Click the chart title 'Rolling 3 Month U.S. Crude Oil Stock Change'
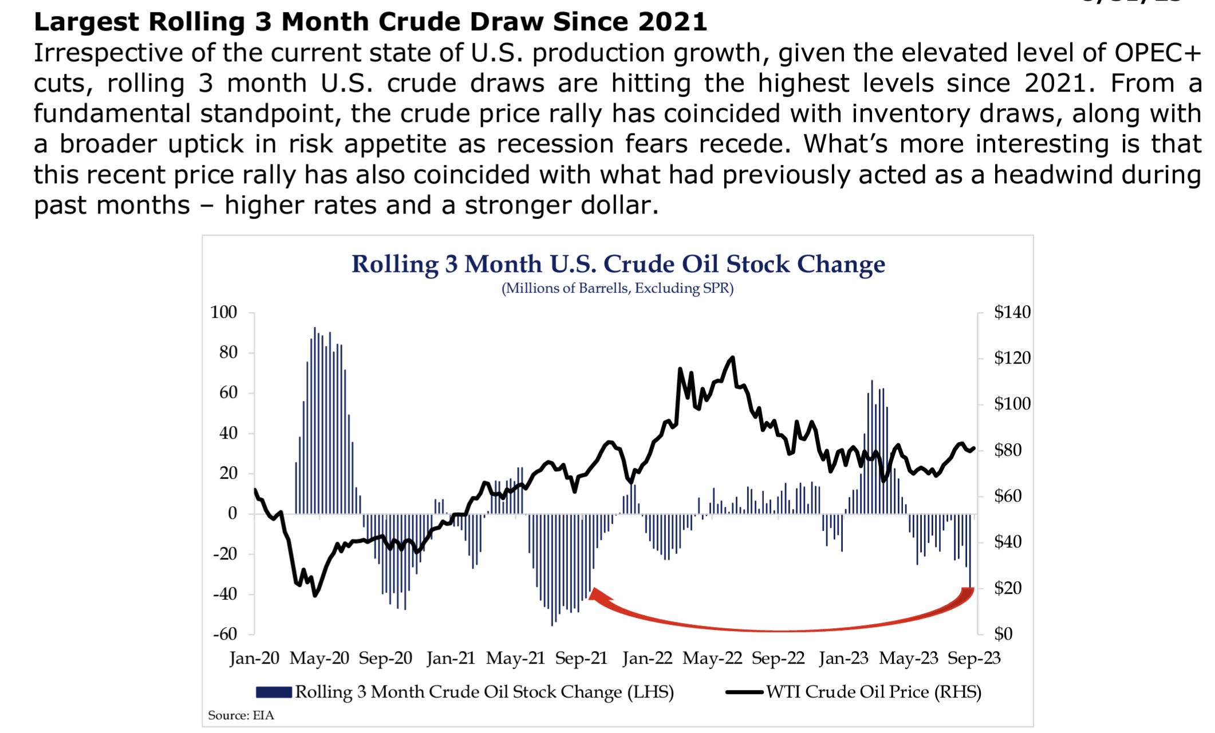618,264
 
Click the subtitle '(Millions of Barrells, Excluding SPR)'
617,288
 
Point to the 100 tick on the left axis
223,312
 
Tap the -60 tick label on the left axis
224,634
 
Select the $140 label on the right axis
1012,312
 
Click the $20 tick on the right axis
1007,588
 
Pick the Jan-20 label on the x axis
254,659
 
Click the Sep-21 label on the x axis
581,659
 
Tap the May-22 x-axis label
712,659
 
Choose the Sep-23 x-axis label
974,659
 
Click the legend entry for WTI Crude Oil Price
873,692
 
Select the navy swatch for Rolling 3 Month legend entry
274,692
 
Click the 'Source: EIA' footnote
241,716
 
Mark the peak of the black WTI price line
732,358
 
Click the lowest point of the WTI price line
315,596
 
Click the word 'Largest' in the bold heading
86,22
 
